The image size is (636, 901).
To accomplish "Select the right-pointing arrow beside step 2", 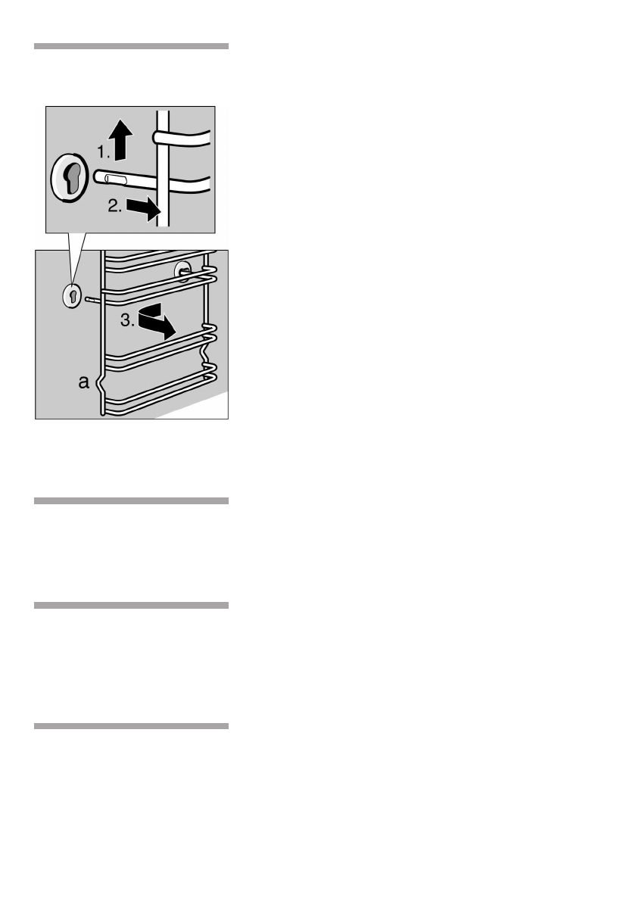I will (x=143, y=206).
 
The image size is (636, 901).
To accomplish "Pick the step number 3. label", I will (x=129, y=321).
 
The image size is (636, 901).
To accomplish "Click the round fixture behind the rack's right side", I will (x=182, y=271).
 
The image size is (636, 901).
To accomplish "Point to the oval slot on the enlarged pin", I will (x=114, y=178).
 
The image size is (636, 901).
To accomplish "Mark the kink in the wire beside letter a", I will (x=99, y=385).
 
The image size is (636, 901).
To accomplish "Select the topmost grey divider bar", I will (x=131, y=46).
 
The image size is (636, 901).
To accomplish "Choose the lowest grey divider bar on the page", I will (x=131, y=726).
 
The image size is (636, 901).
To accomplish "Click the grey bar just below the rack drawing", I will (x=131, y=500).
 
